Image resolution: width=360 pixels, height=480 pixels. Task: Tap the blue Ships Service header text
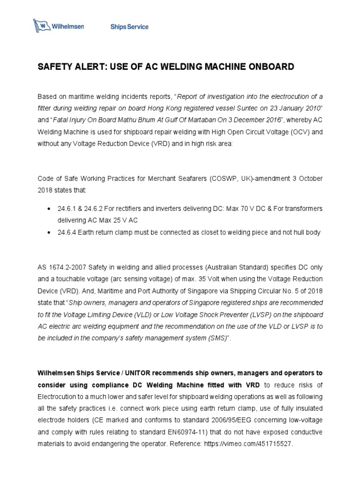pyautogui.click(x=129, y=27)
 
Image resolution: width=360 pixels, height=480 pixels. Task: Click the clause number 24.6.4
pyautogui.click(x=67, y=232)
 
